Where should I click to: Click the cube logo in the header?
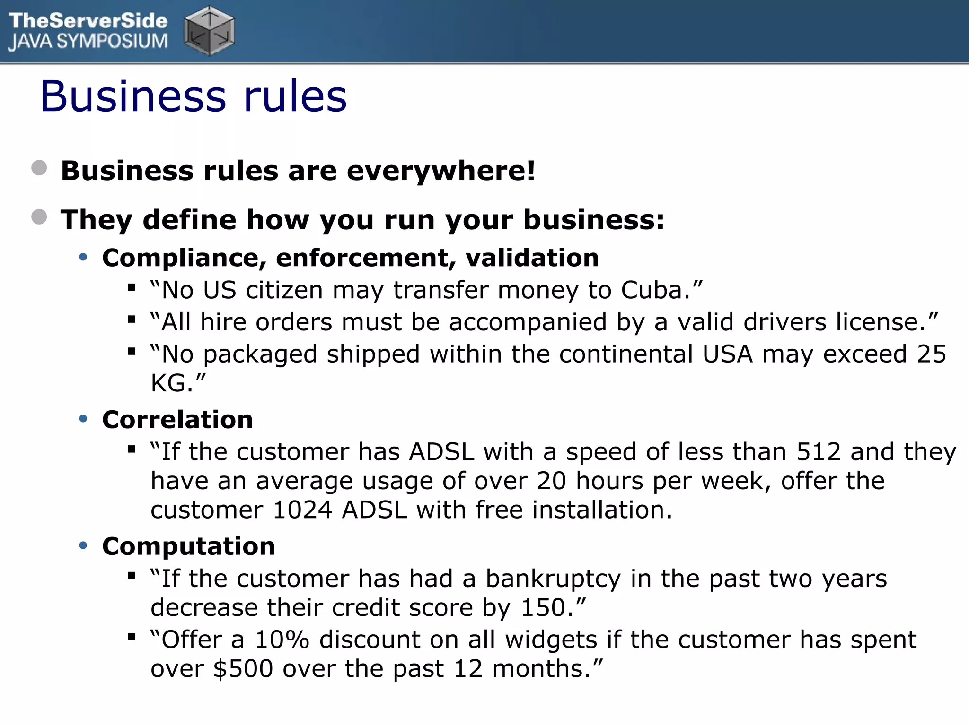209,31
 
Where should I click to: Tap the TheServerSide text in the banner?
88,21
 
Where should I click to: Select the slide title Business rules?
194,96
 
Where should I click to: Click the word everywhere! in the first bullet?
441,171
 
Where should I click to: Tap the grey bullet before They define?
39,217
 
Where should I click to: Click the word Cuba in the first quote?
652,290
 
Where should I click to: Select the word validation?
532,258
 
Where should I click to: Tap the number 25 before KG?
931,354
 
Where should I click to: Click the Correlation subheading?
177,420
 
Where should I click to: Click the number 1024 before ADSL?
303,510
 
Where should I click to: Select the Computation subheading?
188,546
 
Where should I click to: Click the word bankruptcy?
553,579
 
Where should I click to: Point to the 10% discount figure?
282,640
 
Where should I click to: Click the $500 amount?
243,669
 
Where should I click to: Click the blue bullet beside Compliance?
84,258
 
